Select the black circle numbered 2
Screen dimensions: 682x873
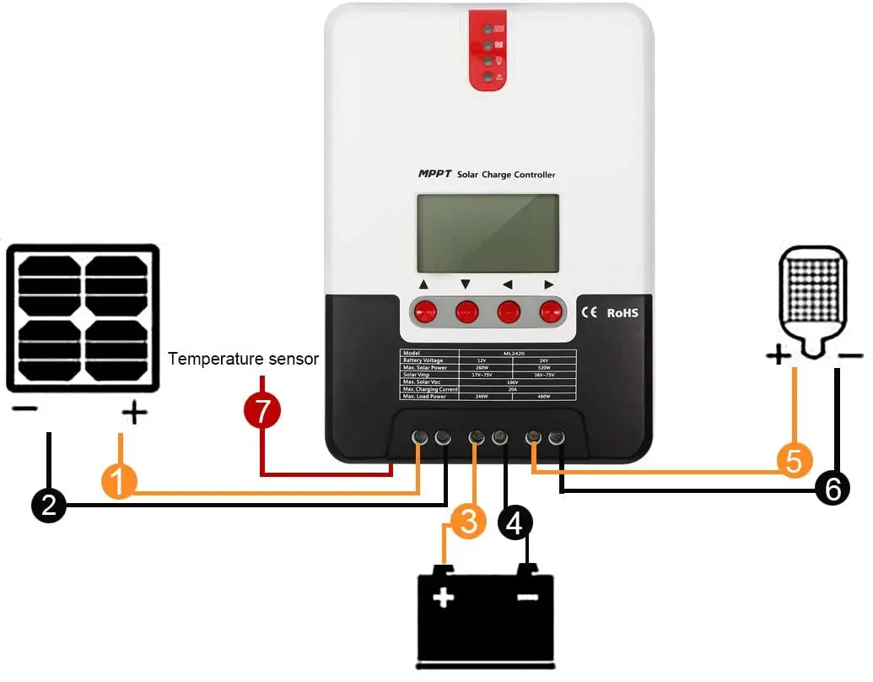pos(48,505)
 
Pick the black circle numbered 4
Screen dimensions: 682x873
pos(515,522)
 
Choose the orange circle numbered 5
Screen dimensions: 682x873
pos(794,461)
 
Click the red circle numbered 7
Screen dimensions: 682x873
pos(262,411)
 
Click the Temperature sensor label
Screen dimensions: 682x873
pos(243,359)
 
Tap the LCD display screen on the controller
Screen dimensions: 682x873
pos(488,233)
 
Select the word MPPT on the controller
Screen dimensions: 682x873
pos(434,174)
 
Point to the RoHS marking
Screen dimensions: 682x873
pos(622,312)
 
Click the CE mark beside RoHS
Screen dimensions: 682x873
pos(590,312)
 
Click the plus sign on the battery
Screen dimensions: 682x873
pos(443,598)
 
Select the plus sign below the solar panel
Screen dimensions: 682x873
pos(134,413)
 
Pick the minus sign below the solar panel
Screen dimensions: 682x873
pos(25,411)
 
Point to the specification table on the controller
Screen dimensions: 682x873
pos(488,375)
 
